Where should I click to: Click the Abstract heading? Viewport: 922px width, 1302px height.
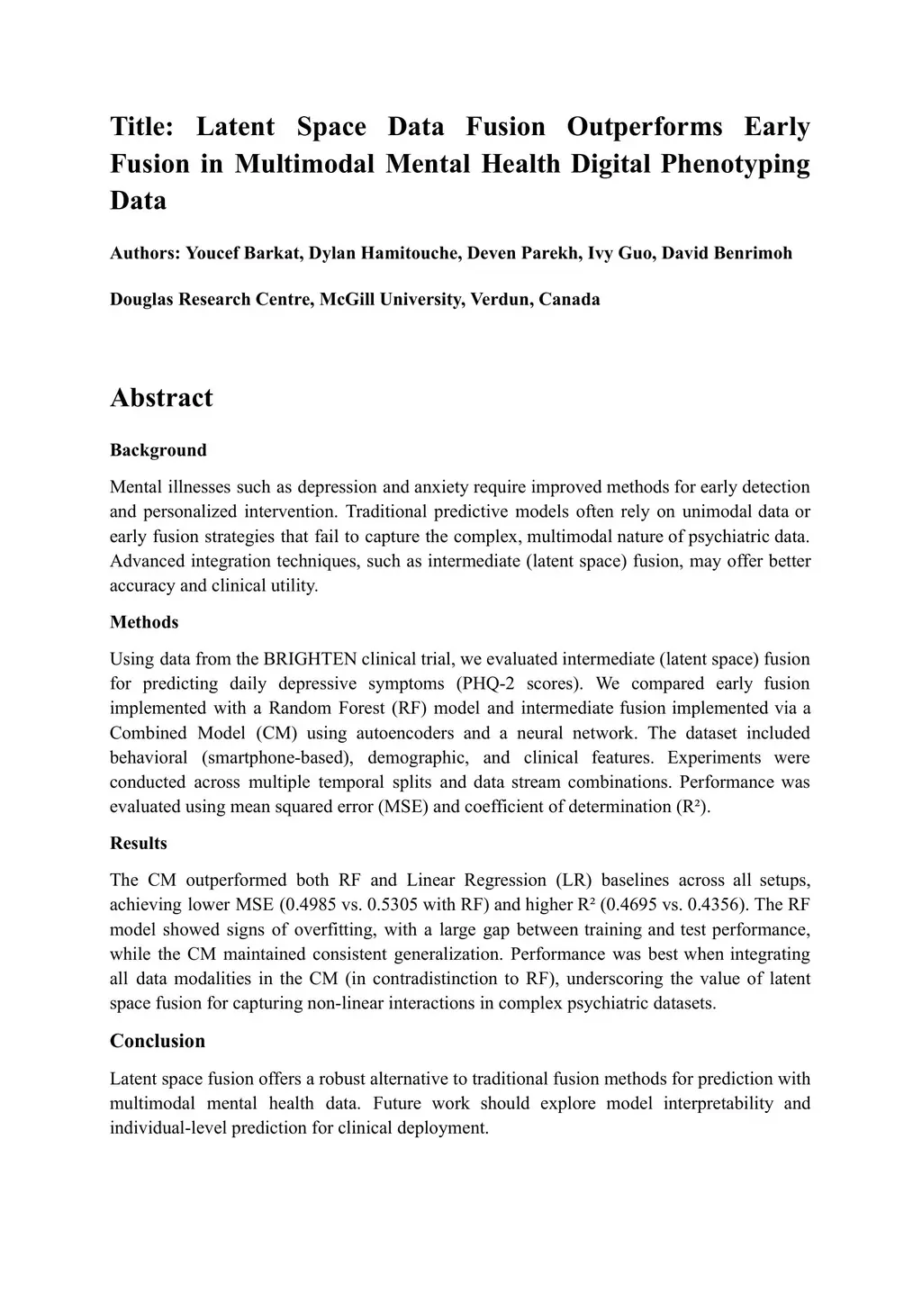[x=161, y=398]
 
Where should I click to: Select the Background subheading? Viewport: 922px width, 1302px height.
[x=158, y=450]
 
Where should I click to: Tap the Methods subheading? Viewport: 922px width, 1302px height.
[x=144, y=622]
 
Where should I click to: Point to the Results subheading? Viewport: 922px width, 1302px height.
[x=139, y=844]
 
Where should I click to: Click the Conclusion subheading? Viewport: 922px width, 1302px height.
[x=158, y=1041]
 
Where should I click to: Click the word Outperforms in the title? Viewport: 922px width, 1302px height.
[x=644, y=127]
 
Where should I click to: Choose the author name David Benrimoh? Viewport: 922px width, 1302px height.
[x=728, y=253]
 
